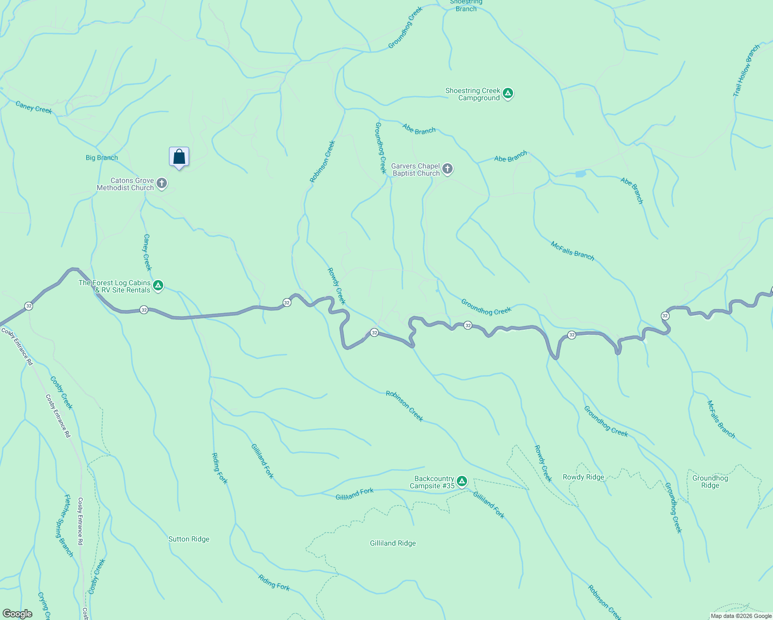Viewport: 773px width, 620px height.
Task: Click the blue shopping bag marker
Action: (x=179, y=157)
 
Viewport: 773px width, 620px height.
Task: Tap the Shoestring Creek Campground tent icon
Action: (x=508, y=94)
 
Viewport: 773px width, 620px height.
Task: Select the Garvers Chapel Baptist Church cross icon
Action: (x=447, y=169)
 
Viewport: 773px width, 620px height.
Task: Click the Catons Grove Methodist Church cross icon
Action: (x=162, y=183)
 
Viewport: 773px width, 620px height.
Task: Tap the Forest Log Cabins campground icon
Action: (x=158, y=286)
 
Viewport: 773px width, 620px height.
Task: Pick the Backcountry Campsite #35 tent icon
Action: (x=462, y=482)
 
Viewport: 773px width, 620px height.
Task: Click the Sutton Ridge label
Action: (x=189, y=539)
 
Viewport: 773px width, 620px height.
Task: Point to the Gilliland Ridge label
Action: (x=393, y=543)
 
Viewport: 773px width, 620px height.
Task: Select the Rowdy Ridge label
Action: (x=583, y=477)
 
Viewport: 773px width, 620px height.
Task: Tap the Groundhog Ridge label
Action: (x=710, y=482)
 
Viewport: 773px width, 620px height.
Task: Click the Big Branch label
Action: (x=102, y=158)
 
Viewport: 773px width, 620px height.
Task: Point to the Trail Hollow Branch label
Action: (x=746, y=71)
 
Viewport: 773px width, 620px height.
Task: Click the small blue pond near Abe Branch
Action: (x=580, y=174)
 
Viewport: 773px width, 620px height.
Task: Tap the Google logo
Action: (x=18, y=613)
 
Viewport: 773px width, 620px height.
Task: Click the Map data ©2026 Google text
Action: (x=741, y=616)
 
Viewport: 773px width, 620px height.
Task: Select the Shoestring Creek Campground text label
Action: (x=473, y=94)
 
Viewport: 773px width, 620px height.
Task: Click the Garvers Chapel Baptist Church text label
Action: (x=415, y=169)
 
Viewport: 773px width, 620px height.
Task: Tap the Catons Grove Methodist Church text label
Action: (x=126, y=184)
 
